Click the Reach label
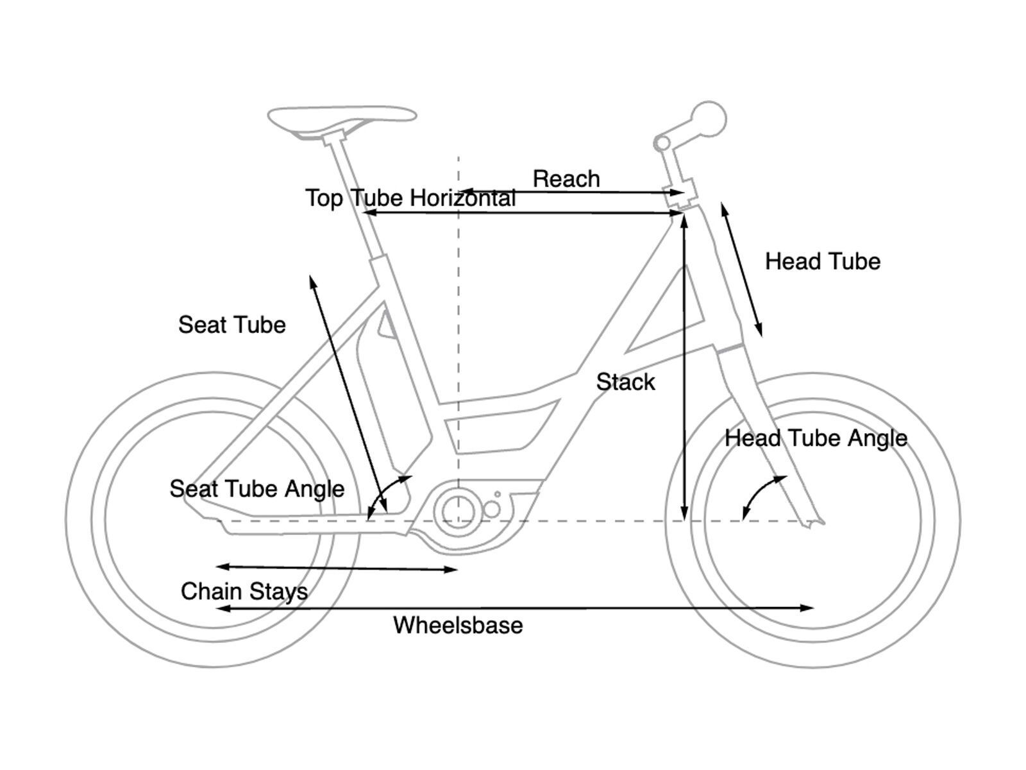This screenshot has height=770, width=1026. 566,179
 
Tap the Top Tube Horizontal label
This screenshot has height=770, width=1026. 410,198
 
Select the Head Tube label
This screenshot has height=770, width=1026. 822,261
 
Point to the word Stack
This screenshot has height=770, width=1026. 625,382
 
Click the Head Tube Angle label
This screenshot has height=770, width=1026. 816,438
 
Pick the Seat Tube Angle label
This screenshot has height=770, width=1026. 256,489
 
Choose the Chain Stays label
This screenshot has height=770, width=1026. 244,591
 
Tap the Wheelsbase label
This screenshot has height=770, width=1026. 458,625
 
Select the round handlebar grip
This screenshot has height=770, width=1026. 709,119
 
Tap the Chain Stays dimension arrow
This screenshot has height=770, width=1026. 337,568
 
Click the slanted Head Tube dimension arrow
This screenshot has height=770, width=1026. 741,269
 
